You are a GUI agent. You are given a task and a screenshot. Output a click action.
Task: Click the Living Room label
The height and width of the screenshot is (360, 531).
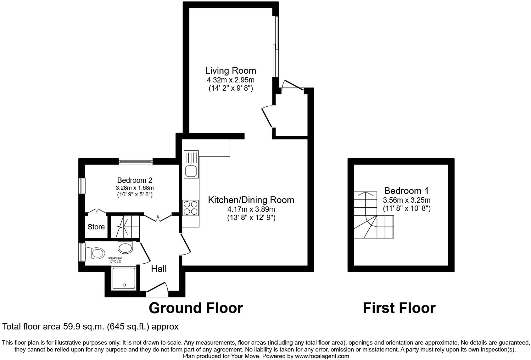tap(231, 70)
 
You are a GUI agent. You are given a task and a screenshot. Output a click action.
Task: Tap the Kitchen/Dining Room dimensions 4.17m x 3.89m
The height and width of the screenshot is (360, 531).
tap(251, 209)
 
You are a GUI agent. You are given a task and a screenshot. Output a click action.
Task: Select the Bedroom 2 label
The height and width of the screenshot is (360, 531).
tap(135, 180)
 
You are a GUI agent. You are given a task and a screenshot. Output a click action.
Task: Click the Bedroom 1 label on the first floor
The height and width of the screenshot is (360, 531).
tap(406, 191)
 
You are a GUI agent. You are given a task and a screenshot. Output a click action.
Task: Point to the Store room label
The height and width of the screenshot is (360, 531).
tap(96, 227)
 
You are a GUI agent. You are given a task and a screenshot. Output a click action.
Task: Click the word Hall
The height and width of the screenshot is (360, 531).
tap(159, 269)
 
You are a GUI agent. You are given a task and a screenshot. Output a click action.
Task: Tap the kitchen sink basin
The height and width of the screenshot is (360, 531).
tap(191, 172)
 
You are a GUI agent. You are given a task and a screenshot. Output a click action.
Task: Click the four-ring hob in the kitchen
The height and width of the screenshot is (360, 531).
tap(191, 208)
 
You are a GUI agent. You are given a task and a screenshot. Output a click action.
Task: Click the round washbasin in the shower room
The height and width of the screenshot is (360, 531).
tap(126, 247)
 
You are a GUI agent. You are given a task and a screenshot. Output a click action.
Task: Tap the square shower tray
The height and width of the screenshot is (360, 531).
tap(124, 278)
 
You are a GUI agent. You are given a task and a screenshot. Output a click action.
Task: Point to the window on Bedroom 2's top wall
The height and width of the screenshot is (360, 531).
tap(136, 162)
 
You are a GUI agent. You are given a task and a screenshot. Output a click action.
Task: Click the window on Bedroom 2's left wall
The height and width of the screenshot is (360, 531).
tap(82, 186)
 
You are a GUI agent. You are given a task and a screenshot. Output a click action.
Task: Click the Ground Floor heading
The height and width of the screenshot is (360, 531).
tap(196, 308)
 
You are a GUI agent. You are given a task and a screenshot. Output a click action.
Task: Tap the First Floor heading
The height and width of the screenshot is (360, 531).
tap(399, 308)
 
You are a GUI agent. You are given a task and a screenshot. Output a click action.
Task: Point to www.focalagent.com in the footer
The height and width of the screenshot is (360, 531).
tap(322, 356)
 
